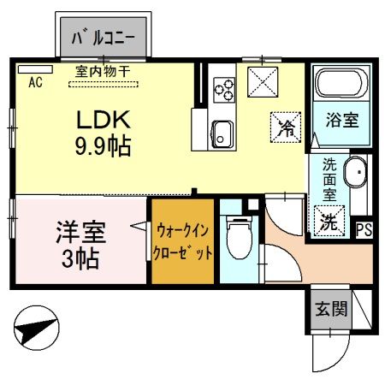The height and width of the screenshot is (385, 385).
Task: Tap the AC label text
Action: (x=36, y=83)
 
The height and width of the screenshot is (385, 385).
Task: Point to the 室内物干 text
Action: (x=103, y=72)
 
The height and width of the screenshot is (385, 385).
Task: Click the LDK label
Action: (x=101, y=120)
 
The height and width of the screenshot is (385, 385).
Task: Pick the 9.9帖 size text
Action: (x=101, y=146)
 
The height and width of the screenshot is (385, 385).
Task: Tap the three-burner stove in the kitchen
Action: (x=224, y=86)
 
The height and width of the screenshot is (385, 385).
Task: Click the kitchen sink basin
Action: (x=223, y=133)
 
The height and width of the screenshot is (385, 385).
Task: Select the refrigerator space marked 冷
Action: (x=286, y=127)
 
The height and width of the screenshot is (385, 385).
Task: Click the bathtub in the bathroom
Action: (x=341, y=85)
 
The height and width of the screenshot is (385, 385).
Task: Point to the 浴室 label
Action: (x=341, y=121)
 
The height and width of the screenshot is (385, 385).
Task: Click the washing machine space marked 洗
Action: (x=328, y=222)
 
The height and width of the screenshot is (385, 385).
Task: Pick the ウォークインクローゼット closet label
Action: (x=182, y=241)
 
